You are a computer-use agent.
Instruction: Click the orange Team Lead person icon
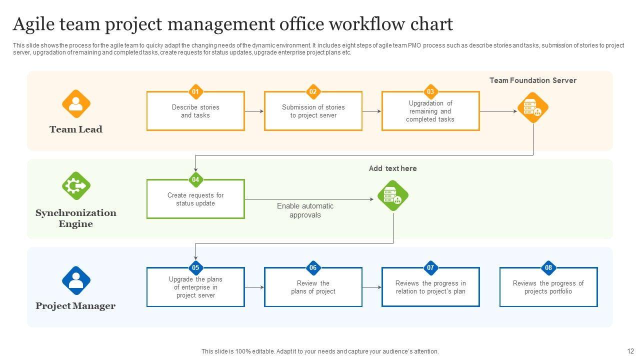tap(76, 104)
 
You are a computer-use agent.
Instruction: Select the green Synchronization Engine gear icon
tap(76, 186)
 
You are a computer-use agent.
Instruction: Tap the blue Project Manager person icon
tap(76, 280)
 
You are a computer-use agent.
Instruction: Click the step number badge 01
tap(195, 91)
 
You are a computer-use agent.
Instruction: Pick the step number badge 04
tap(195, 179)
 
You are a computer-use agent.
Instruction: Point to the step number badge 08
tap(548, 267)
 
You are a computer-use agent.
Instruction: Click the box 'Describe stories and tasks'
tap(195, 111)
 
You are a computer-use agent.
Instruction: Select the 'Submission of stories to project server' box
tap(313, 111)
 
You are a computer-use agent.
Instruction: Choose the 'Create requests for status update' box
tap(195, 199)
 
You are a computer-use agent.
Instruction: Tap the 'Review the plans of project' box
tap(313, 287)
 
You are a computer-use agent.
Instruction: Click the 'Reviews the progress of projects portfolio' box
tap(548, 287)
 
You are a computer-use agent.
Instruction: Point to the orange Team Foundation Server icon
tap(533, 107)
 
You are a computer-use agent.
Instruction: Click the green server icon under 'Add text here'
tap(393, 195)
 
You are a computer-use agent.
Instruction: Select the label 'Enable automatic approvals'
tap(305, 210)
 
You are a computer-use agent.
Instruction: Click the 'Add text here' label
tap(392, 168)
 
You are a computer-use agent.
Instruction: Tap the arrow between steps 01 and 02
tap(254, 111)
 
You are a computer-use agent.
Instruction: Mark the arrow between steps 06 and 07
tap(372, 287)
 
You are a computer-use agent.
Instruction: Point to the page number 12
tap(630, 351)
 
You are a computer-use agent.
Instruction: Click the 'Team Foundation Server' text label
tap(532, 80)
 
